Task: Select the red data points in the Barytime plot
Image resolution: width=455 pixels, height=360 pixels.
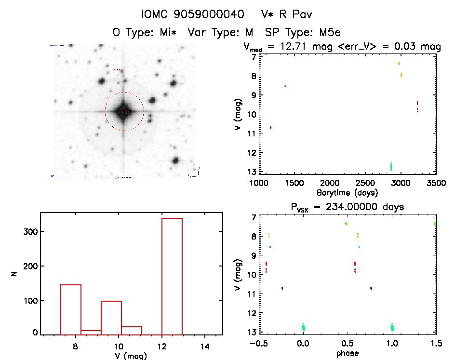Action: [x=417, y=107]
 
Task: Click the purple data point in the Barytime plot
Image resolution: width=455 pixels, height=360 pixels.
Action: [x=271, y=127]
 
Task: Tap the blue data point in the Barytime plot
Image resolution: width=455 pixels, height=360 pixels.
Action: [x=285, y=86]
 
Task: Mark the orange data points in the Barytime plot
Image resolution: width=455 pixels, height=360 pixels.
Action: [x=401, y=75]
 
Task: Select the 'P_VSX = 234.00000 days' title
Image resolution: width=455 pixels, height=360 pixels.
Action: [x=348, y=207]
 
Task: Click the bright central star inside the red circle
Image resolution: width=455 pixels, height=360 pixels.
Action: [x=124, y=111]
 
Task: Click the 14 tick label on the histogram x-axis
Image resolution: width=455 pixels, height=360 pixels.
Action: [x=205, y=346]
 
